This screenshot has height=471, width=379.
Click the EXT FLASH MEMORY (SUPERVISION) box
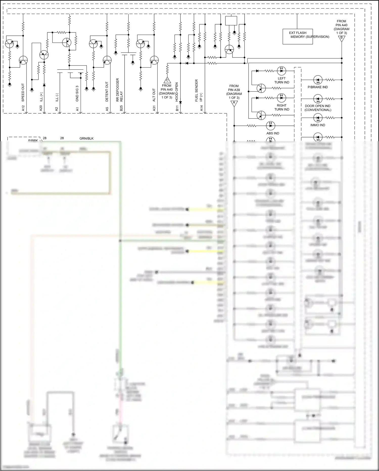tap(298, 37)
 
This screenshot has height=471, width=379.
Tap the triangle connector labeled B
tap(341, 38)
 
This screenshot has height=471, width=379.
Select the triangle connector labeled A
tap(234, 103)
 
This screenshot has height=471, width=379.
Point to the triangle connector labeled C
tap(167, 80)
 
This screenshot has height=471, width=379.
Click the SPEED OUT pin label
tap(23, 92)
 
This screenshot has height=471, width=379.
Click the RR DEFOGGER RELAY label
tap(119, 90)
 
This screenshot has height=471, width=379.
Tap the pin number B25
tap(121, 108)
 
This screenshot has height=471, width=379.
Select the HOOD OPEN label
tap(177, 92)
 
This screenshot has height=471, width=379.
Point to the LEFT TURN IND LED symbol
tap(281, 70)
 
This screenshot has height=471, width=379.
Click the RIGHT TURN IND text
tap(281, 107)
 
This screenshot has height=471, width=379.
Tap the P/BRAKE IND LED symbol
tap(318, 80)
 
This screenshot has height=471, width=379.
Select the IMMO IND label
tap(318, 125)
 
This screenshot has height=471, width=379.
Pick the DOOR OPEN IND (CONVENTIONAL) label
tap(318, 108)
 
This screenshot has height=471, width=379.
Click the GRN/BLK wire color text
tap(86, 138)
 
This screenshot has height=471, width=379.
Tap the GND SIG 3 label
tap(77, 93)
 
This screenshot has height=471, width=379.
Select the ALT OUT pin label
tap(154, 95)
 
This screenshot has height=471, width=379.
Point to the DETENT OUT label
tap(107, 92)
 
